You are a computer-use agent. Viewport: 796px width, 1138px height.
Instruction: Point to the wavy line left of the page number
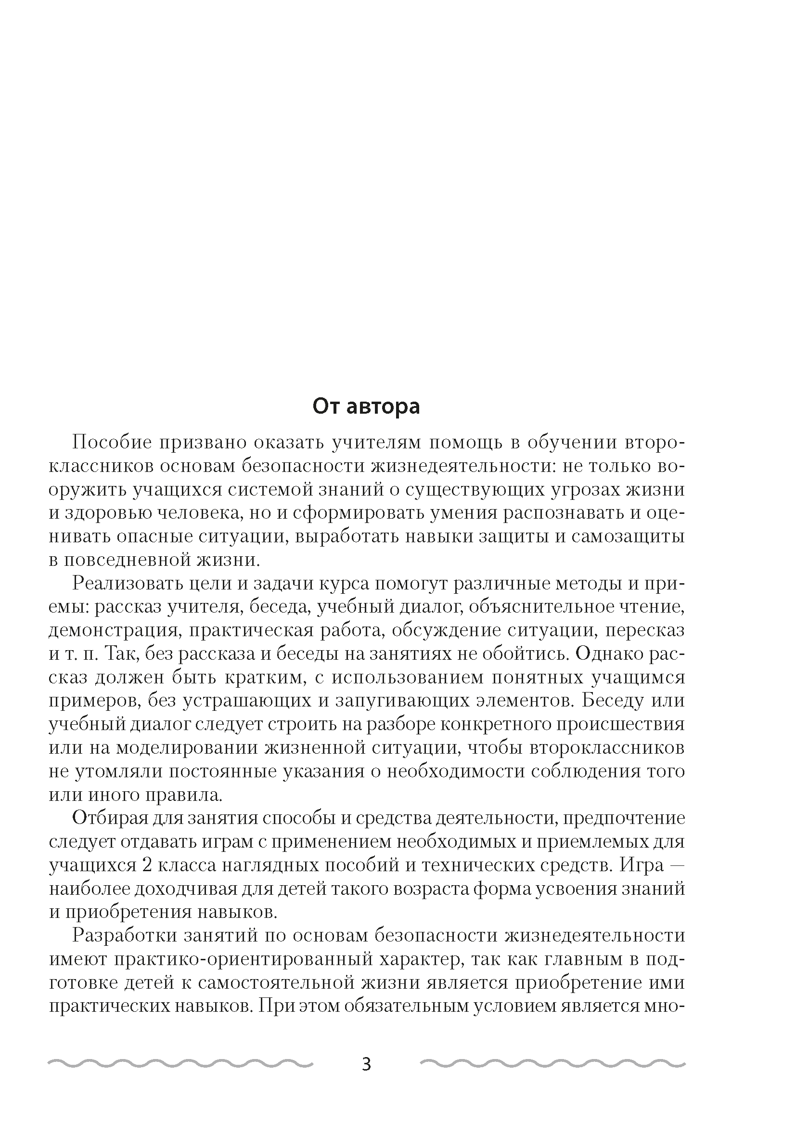[180, 1063]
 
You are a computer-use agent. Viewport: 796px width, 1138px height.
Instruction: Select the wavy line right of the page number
[552, 1063]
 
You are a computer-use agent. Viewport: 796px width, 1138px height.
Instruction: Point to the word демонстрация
[114, 630]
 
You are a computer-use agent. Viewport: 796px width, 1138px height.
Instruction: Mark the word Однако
[609, 654]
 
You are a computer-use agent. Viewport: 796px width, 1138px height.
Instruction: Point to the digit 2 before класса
[146, 865]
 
